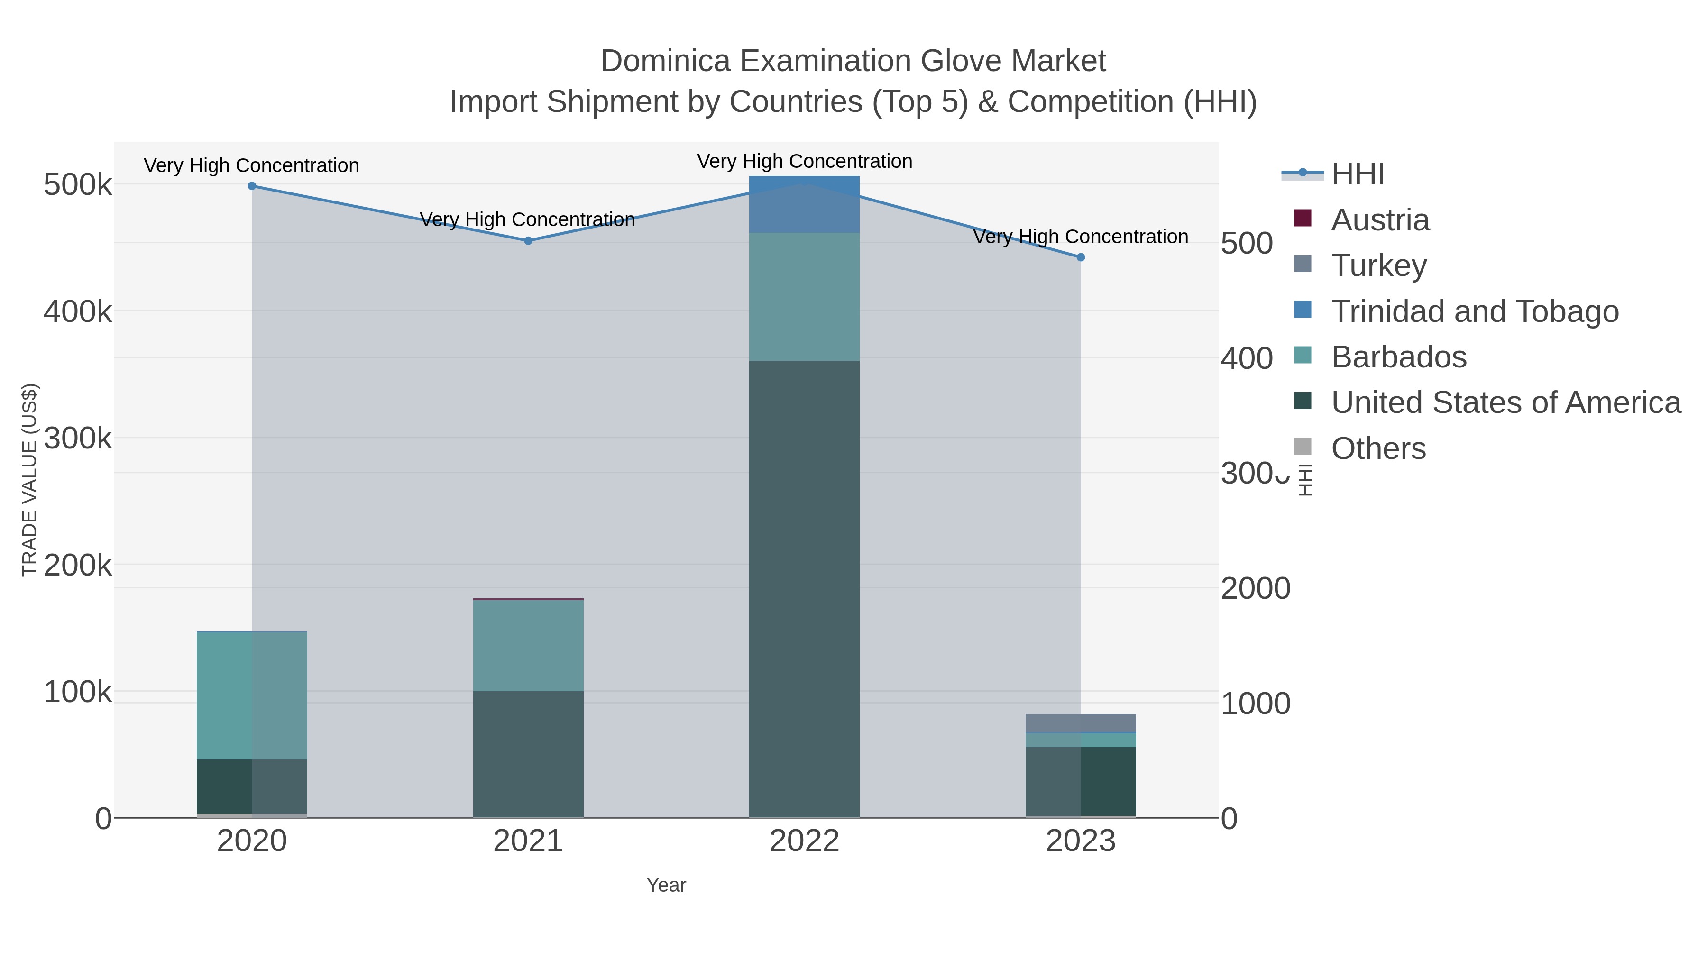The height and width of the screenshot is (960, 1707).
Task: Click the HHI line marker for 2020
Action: point(252,186)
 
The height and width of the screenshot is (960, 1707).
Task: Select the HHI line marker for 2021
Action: point(528,240)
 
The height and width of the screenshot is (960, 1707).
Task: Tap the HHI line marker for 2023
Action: point(1081,257)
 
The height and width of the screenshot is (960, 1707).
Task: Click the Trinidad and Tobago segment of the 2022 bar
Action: point(804,204)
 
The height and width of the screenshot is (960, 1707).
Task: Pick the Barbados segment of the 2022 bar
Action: point(804,296)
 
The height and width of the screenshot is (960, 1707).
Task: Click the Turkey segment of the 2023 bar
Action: point(1081,723)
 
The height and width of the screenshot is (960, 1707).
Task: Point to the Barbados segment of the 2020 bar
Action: point(252,695)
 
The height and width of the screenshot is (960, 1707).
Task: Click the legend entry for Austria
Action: point(1380,220)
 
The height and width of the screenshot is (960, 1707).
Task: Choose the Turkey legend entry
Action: point(1378,265)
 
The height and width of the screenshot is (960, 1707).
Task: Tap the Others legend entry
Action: point(1377,448)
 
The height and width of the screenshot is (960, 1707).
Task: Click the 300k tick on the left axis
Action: point(78,438)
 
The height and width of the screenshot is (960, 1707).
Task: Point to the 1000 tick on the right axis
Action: point(1255,704)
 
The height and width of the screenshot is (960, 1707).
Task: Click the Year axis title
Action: point(666,885)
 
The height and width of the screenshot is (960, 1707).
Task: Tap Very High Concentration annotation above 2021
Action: point(527,219)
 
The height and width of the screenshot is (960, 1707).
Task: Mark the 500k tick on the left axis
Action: point(78,185)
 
